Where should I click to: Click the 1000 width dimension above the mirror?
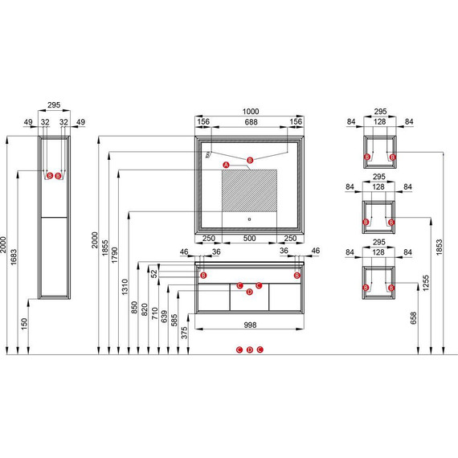point(251,112)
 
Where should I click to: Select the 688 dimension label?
point(251,122)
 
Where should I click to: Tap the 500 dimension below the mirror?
point(249,238)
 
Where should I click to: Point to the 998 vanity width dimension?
point(250,325)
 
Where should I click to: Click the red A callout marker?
point(226,165)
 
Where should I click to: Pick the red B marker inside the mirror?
point(250,160)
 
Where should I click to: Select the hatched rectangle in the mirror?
point(249,190)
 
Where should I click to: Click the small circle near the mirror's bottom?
point(249,219)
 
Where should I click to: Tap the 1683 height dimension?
point(14,257)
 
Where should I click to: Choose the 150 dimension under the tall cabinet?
point(24,324)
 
